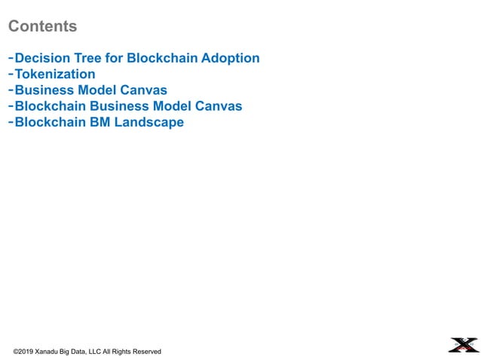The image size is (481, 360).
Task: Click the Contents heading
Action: coord(42,26)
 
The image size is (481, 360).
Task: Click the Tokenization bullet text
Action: coord(55,74)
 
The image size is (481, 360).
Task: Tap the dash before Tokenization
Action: coord(11,74)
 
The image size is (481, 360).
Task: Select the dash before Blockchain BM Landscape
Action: coord(11,122)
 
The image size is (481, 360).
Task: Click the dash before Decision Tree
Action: coord(11,58)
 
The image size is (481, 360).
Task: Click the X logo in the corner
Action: coord(463,345)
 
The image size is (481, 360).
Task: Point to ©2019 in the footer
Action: coord(23,352)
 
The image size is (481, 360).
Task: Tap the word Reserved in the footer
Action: coord(146,352)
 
